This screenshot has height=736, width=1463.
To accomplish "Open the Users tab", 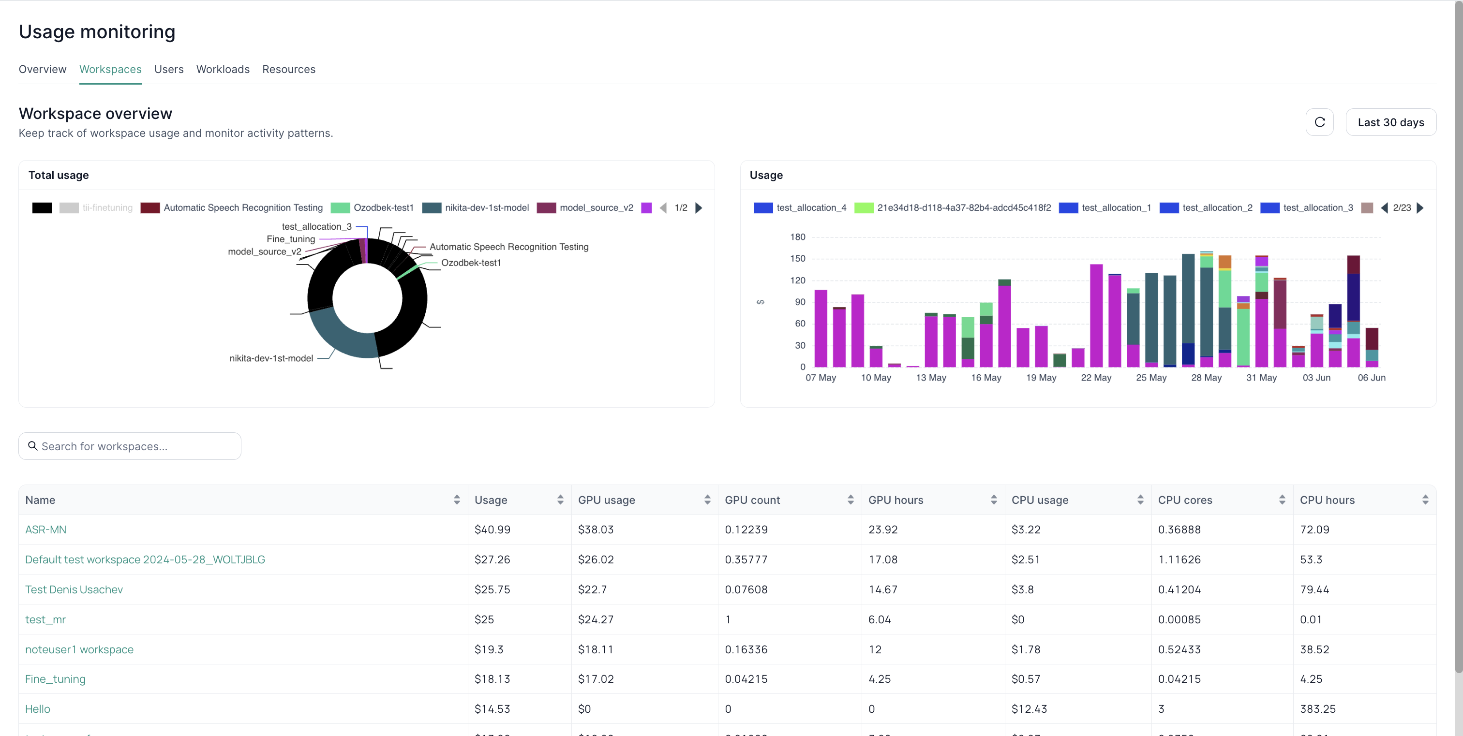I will (x=169, y=69).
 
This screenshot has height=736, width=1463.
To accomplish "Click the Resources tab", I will (x=288, y=69).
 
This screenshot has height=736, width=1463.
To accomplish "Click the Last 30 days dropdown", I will (x=1390, y=122).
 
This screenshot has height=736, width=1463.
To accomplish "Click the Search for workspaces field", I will (x=130, y=447).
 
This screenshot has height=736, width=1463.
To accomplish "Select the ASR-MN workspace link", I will (x=45, y=530).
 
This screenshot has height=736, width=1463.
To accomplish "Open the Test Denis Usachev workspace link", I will (x=74, y=589).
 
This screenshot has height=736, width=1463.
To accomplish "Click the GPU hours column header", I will (x=896, y=500).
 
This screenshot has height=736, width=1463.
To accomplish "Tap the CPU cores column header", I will (x=1185, y=500).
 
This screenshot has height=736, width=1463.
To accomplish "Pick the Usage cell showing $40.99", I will (x=493, y=530).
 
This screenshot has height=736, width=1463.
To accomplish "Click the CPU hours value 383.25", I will (x=1317, y=709).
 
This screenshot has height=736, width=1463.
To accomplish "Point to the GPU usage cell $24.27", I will (x=596, y=619).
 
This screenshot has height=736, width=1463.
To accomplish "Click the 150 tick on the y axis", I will (x=797, y=259).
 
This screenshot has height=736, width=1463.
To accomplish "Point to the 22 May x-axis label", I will (x=1095, y=378).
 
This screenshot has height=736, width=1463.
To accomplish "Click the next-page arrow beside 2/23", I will (x=1420, y=207).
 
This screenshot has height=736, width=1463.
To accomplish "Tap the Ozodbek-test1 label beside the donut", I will (x=471, y=263).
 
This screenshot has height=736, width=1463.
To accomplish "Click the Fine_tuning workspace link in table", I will (x=55, y=679).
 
